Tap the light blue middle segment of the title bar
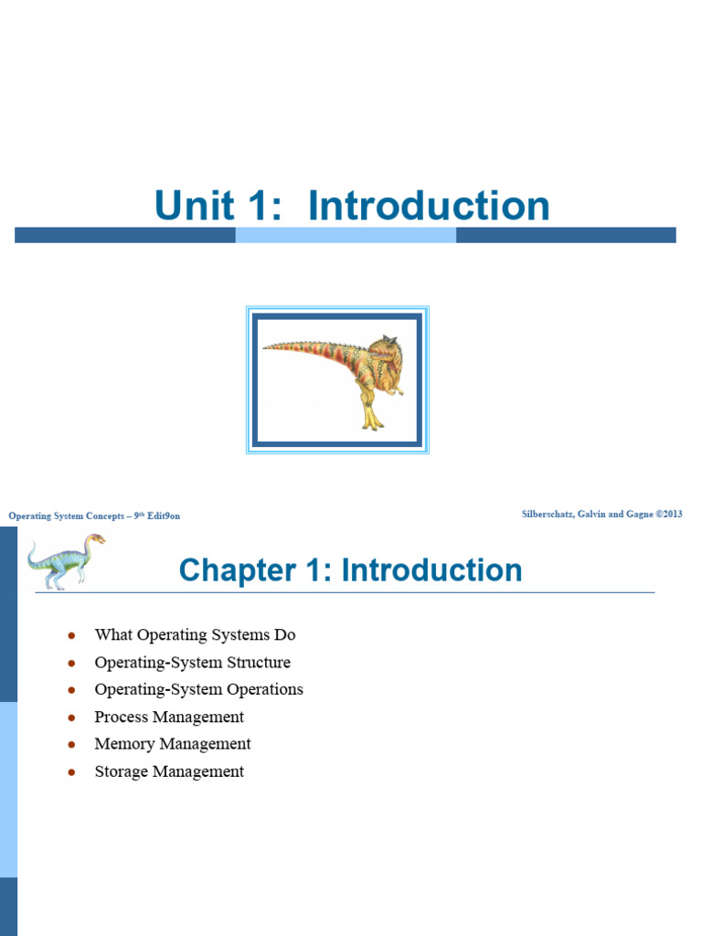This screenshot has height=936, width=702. tap(346, 235)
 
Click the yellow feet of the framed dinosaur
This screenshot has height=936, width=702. tap(372, 422)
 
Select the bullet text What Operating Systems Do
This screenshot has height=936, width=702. tap(195, 634)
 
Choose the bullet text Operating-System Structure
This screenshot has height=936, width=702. tap(192, 662)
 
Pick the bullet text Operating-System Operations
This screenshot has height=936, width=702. tap(198, 689)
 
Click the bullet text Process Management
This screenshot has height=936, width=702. tap(169, 717)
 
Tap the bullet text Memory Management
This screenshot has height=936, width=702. tap(173, 744)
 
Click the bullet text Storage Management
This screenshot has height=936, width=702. tap(169, 771)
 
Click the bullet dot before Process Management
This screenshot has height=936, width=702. tap(71, 718)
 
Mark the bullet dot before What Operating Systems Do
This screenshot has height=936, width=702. tap(71, 635)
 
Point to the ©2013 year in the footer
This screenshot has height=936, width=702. tap(668, 515)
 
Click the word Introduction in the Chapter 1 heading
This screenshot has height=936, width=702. tap(431, 570)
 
